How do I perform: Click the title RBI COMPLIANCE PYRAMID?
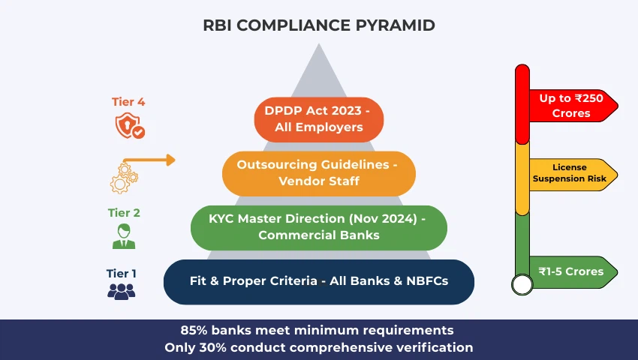click(x=318, y=25)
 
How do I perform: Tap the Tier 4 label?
click(x=124, y=102)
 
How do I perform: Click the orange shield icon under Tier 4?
click(x=128, y=126)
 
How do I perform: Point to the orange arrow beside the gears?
click(x=150, y=160)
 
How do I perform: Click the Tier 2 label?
click(x=124, y=212)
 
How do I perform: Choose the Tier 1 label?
click(x=122, y=274)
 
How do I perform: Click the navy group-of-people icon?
click(x=122, y=292)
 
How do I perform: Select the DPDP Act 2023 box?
click(x=319, y=118)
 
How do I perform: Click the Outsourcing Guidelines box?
click(x=319, y=172)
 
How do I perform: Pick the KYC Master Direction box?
click(x=319, y=227)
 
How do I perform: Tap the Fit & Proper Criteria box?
click(x=319, y=281)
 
